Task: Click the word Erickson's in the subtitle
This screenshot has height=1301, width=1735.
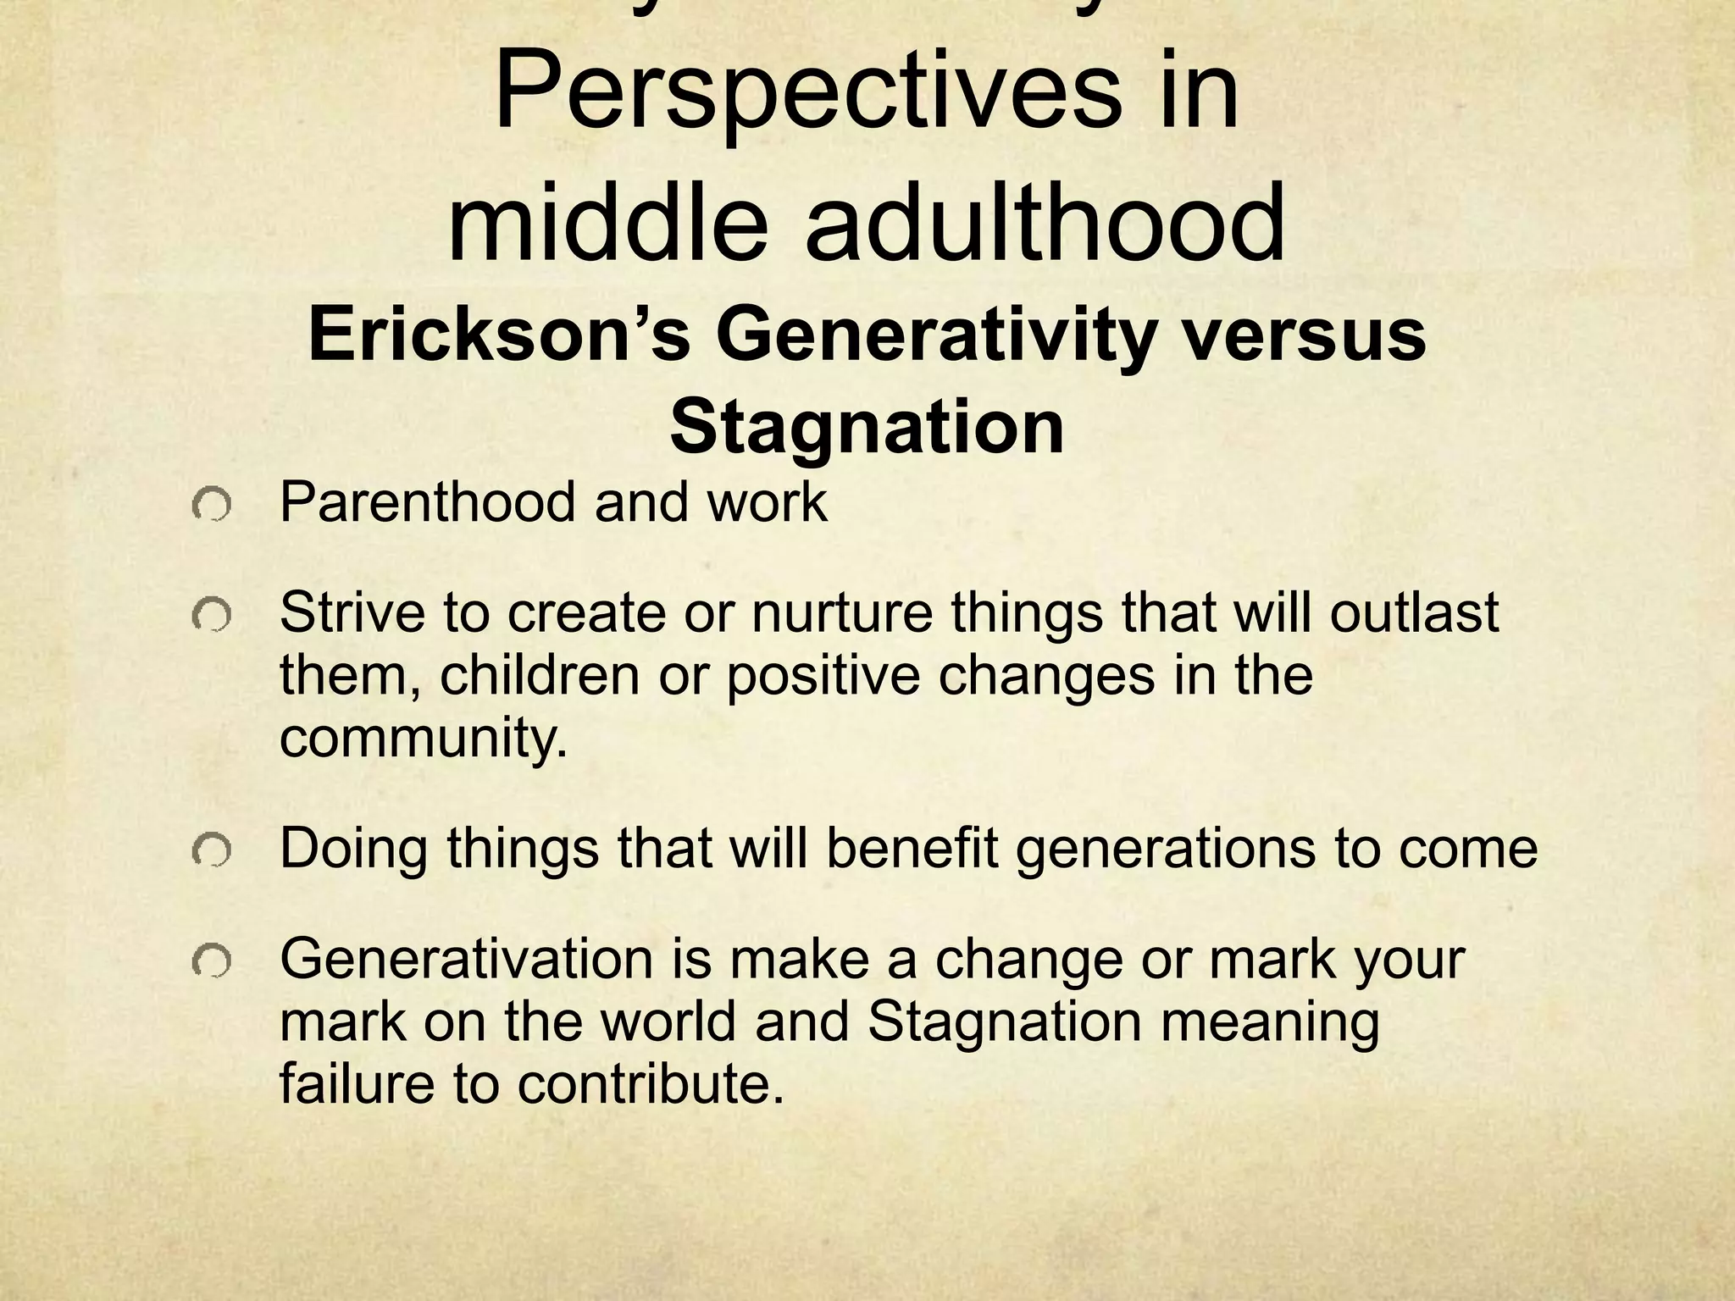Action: coord(498,336)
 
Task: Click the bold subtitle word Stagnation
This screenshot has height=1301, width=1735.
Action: coord(867,428)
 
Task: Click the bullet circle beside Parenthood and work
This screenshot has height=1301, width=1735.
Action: coord(212,508)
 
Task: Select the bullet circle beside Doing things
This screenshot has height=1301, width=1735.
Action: coord(212,853)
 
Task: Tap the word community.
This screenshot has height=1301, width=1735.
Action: coord(423,739)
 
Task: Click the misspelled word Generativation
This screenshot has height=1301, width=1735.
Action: coord(467,959)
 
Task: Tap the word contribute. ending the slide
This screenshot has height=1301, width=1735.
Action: coord(651,1084)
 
